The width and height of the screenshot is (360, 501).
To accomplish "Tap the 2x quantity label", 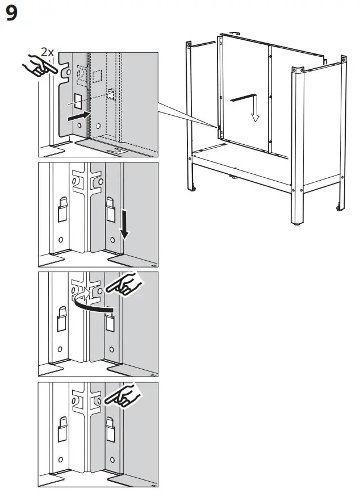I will pyautogui.click(x=48, y=53).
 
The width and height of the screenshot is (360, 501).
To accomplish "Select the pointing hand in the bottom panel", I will pyautogui.click(x=124, y=396).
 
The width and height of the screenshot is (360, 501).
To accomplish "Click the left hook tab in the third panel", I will pyautogui.click(x=62, y=319).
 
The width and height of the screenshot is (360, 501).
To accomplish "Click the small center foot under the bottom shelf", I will pyautogui.click(x=233, y=179).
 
